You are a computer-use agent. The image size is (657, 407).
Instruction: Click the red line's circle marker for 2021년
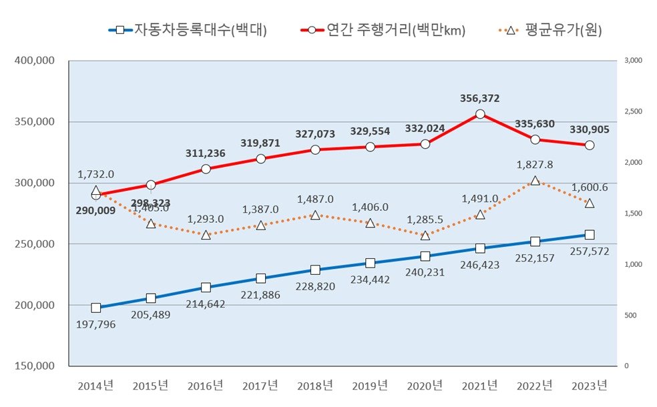479,114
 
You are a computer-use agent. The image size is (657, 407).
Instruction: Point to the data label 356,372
479,98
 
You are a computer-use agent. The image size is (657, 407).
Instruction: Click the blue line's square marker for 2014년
96,308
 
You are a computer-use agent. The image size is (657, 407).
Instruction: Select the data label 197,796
96,325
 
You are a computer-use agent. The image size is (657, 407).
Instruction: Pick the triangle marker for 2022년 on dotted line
535,180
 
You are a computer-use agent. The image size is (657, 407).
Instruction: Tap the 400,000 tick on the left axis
34,61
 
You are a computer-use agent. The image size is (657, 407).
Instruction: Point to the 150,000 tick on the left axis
34,366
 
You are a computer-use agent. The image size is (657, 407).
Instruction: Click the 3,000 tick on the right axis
632,61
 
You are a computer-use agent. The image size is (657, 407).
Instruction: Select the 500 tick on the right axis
632,315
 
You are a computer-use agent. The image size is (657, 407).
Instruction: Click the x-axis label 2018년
315,386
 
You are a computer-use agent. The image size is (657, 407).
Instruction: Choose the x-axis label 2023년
590,386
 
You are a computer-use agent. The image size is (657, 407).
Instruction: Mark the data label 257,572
590,251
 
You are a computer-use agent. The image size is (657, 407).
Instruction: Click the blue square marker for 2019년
370,264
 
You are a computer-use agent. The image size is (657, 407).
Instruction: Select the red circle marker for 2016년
206,169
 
